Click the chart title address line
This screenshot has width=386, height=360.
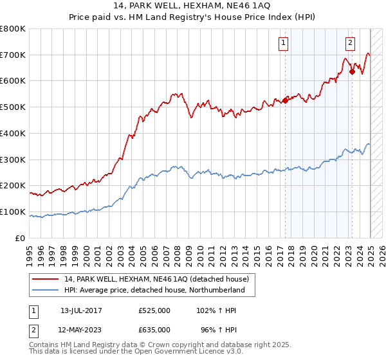click(x=192, y=6)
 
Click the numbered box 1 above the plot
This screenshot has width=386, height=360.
click(x=284, y=44)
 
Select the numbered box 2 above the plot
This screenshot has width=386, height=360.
click(x=350, y=44)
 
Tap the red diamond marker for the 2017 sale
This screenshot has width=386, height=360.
click(x=285, y=100)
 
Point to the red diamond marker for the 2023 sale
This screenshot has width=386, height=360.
click(x=352, y=72)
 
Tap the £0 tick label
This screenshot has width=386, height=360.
click(x=21, y=239)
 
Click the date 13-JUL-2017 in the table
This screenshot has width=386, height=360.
click(x=81, y=310)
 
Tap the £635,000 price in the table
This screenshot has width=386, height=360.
click(x=154, y=329)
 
